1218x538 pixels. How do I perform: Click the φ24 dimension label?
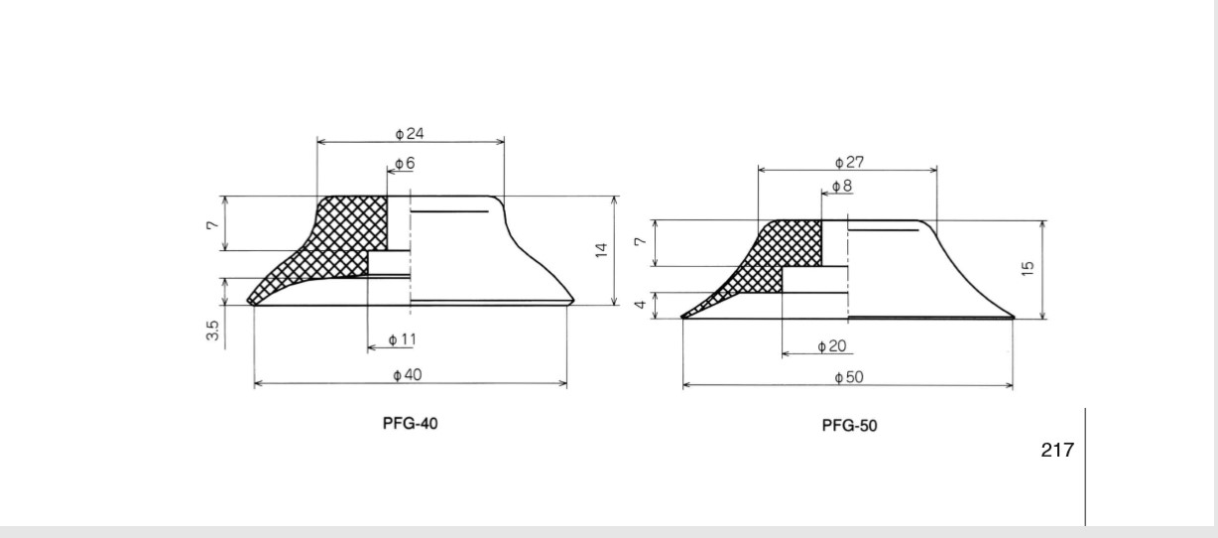410,133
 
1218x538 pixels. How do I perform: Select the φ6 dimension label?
405,163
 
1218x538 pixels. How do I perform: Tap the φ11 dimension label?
403,340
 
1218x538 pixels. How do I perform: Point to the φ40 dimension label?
408,375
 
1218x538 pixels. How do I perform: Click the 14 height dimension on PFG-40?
601,250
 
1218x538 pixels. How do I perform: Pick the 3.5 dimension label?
212,331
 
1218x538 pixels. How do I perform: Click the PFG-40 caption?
410,423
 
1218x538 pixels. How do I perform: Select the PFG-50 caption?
849,426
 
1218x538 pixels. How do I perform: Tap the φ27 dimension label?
849,162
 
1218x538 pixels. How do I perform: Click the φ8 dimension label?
842,186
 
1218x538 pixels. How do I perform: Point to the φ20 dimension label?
832,346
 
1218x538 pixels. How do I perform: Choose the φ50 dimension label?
849,377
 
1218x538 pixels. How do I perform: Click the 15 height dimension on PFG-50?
1028,269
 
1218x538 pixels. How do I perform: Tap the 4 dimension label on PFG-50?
641,304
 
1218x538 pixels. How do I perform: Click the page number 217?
1057,450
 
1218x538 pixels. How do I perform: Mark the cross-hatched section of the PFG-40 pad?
337,245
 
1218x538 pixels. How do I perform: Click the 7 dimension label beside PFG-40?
212,224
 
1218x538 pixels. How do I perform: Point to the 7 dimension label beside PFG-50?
641,241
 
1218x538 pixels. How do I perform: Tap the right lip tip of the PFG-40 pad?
573,301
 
